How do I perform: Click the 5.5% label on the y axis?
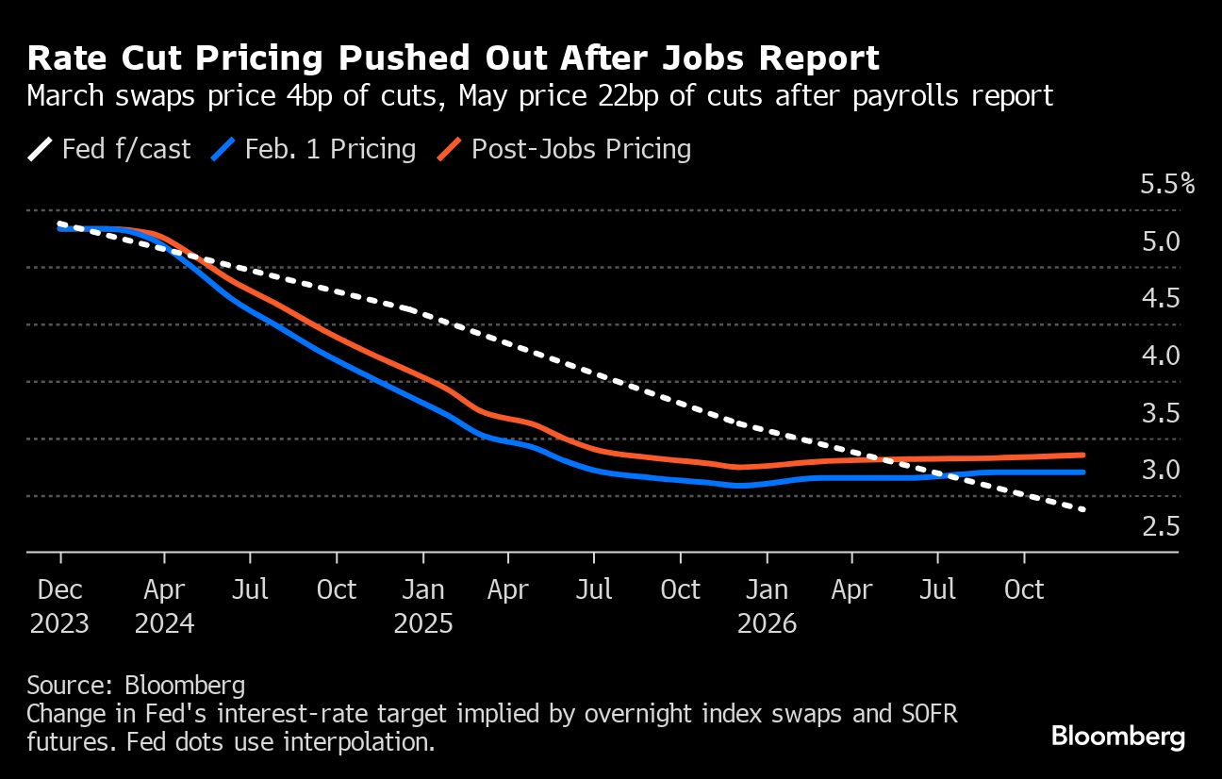point(1167,184)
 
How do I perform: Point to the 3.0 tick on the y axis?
point(1161,469)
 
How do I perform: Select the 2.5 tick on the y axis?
point(1161,526)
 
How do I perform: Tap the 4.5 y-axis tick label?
point(1161,298)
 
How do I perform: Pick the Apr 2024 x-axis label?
point(165,606)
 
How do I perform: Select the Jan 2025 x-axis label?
point(423,606)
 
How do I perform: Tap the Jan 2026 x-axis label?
point(768,606)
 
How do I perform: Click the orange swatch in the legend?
point(451,150)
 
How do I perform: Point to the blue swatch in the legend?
point(224,150)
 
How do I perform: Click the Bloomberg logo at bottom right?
point(1118,736)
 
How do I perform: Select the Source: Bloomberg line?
point(136,685)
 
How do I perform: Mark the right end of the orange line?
point(1083,455)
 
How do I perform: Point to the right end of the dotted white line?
point(1084,510)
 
